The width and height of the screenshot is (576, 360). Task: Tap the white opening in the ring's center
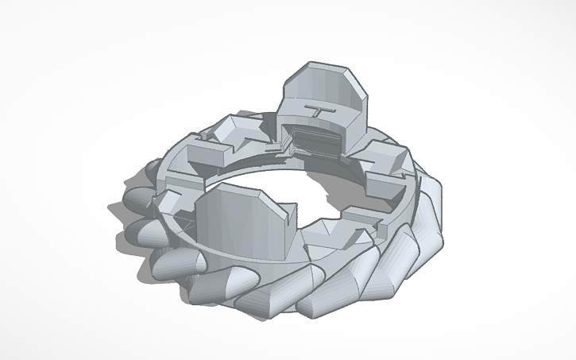click(318, 191)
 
